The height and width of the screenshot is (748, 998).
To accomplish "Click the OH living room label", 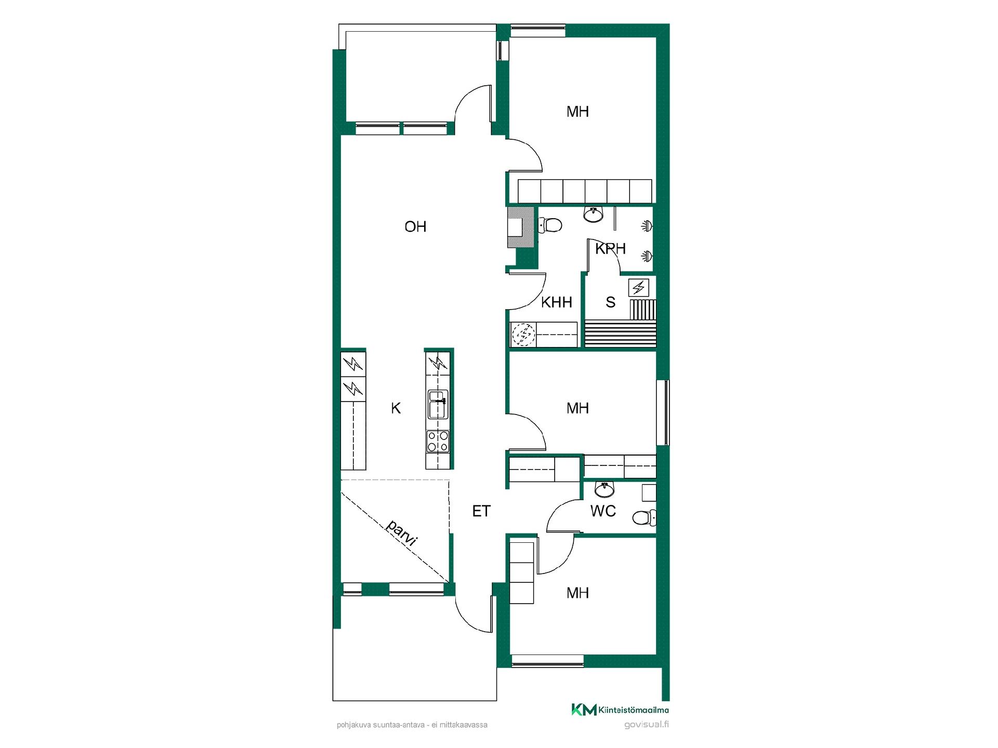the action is [415, 226].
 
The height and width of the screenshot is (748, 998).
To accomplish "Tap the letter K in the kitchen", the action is [396, 408].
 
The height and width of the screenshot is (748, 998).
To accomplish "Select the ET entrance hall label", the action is [481, 511].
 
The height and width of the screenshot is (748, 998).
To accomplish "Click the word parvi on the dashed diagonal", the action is [402, 532].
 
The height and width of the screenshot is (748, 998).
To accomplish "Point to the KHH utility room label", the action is [556, 302].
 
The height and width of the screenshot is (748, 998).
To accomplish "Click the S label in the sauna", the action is [611, 302].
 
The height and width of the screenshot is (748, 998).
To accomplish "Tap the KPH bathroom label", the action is [610, 249].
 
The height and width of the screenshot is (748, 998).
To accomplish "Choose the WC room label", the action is [603, 511].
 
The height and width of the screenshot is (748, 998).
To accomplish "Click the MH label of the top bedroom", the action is [577, 112].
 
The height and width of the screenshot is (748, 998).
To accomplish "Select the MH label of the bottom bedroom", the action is [577, 593].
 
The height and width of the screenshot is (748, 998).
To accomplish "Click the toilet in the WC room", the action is [644, 517].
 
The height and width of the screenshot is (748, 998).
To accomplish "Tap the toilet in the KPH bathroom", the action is [550, 225].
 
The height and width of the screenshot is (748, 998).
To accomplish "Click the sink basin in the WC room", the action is [605, 489].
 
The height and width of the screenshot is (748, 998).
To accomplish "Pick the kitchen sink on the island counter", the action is [437, 405].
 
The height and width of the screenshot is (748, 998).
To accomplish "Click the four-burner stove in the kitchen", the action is [438, 442].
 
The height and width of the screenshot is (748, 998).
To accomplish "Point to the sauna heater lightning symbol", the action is [639, 287].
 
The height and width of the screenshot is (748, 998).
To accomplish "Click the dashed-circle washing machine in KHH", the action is [523, 335].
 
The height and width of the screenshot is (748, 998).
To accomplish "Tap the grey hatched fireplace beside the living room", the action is [521, 228].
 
